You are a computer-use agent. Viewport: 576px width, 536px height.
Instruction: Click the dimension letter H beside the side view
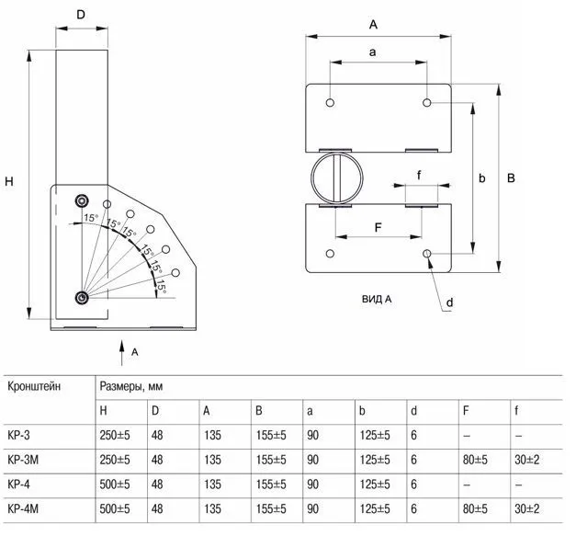pos(11,182)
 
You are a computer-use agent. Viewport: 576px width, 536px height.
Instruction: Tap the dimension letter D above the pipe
pos(80,15)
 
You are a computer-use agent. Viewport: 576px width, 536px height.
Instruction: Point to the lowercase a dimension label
pos(373,52)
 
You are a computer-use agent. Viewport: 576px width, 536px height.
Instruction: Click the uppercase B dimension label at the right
pos(512,177)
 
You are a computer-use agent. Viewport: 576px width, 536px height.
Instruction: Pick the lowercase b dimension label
pos(481,177)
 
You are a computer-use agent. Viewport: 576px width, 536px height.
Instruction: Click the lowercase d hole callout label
pos(450,302)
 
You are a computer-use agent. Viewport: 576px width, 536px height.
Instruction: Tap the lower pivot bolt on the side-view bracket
pos(83,297)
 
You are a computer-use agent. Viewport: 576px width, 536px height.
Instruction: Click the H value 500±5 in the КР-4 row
pos(116,482)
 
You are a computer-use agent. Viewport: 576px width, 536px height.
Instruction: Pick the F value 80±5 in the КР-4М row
pos(477,507)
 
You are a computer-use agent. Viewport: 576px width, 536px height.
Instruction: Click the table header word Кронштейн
pos(35,386)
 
